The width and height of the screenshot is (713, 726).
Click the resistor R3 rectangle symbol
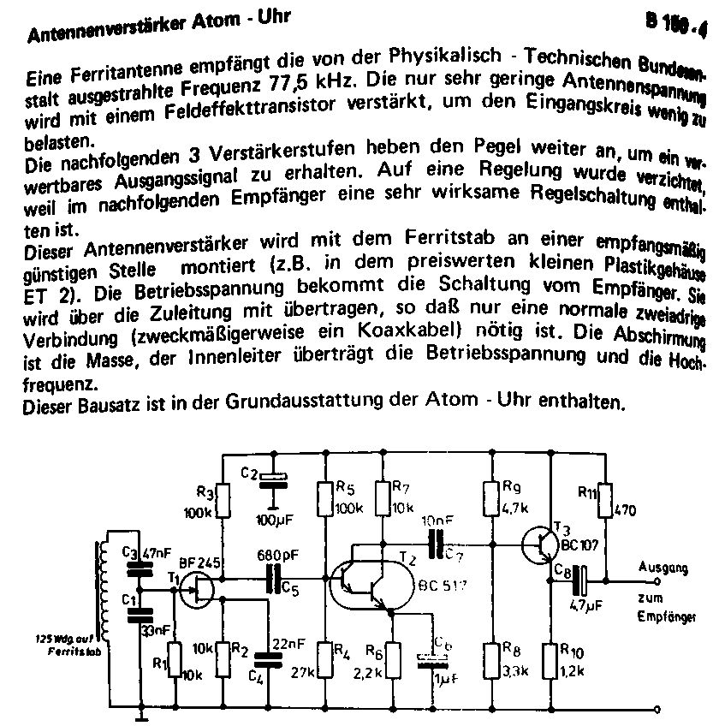pos(222,502)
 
